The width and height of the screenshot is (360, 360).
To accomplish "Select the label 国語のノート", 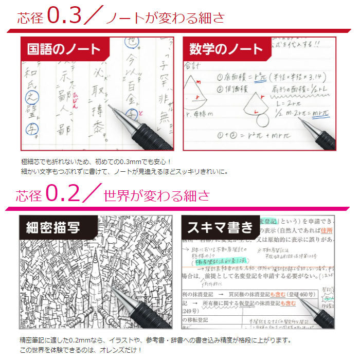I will [64, 50].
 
